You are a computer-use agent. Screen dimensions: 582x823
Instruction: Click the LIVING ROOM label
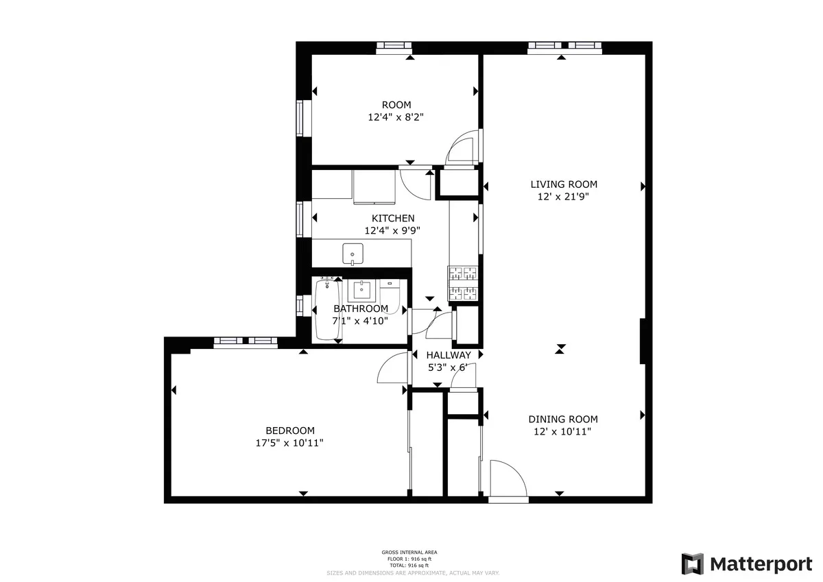click(x=564, y=184)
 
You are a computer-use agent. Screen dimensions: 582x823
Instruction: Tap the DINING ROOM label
click(x=562, y=419)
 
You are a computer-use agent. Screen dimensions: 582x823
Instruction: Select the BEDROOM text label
click(x=290, y=430)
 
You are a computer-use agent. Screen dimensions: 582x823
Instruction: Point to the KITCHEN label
click(x=393, y=218)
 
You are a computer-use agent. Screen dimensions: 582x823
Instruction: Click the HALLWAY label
click(x=449, y=355)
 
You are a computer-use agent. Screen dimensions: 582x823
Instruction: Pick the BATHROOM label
click(x=361, y=308)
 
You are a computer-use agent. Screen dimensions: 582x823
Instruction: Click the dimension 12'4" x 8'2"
click(x=396, y=117)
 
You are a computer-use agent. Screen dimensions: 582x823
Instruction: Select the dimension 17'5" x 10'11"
click(x=289, y=443)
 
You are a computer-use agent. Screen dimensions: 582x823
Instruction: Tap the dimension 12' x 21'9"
click(x=564, y=197)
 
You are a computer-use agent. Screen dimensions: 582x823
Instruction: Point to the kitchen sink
click(x=353, y=253)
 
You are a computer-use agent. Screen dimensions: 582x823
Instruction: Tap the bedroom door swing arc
click(x=393, y=370)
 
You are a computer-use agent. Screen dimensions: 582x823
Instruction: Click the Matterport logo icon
click(x=693, y=563)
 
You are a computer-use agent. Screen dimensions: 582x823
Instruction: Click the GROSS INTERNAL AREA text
click(x=409, y=552)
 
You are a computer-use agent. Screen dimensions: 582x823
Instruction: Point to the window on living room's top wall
click(x=565, y=47)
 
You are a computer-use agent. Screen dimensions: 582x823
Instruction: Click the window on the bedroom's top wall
click(x=245, y=341)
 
